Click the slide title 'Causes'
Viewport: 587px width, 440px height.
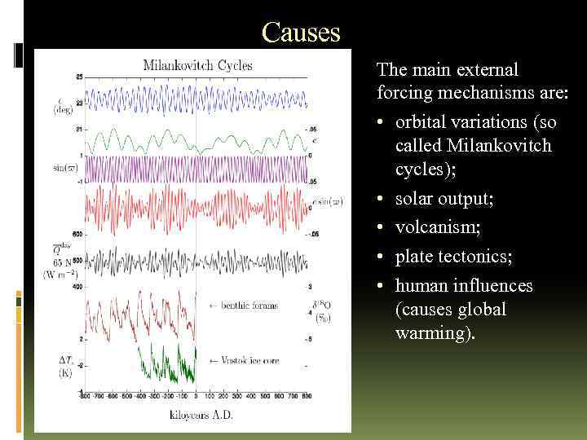[x=301, y=33]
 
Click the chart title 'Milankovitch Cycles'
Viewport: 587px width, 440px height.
[x=198, y=65]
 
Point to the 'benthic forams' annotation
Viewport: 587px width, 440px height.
[x=245, y=306]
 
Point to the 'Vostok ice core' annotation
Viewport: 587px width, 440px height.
[x=245, y=360]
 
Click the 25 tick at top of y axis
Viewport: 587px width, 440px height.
[x=78, y=77]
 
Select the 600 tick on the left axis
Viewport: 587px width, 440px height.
[x=77, y=232]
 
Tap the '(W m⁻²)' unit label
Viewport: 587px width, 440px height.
[x=61, y=274]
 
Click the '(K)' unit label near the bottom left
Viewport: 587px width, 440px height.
[x=64, y=372]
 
